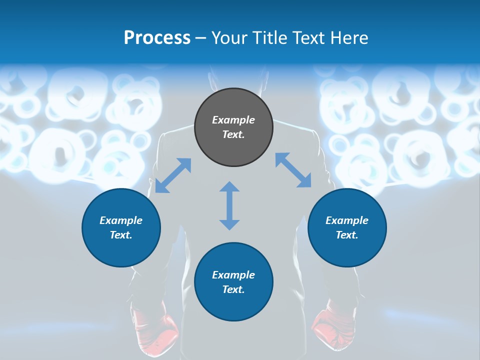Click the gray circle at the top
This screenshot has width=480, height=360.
233,127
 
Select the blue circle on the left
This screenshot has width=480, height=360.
121,227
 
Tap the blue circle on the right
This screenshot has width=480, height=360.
347,227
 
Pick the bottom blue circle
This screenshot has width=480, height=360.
233,282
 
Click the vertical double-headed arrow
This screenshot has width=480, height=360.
229,205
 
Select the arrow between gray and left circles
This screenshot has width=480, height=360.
173,175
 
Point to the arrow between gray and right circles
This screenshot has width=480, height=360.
293,170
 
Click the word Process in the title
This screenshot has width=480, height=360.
157,38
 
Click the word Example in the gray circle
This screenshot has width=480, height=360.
233,120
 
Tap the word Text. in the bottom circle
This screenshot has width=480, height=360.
233,289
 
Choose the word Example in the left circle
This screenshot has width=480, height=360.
121,220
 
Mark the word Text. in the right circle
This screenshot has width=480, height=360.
347,235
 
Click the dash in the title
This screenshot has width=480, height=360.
201,38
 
